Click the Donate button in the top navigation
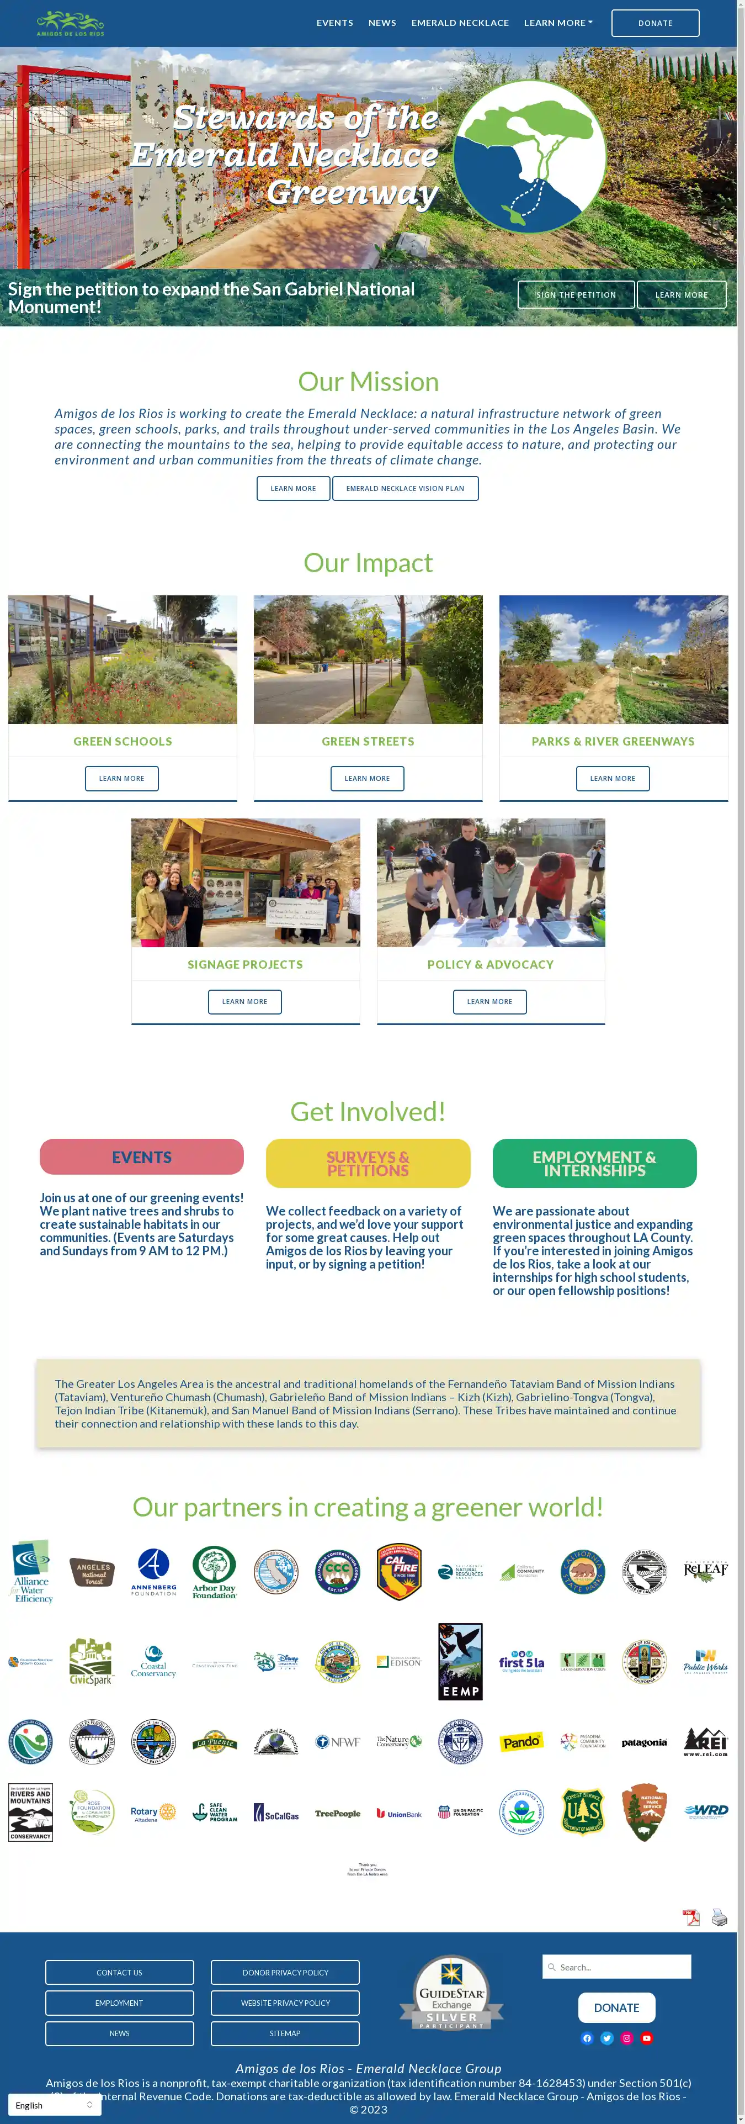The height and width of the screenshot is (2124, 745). click(x=654, y=23)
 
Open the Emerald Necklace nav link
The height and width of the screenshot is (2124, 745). click(x=460, y=23)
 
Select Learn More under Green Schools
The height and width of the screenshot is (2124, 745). click(x=121, y=778)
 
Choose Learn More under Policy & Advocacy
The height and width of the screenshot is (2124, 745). click(x=489, y=1002)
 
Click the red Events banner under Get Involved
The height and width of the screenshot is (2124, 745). click(x=142, y=1157)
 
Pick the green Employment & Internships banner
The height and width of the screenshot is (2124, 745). click(x=594, y=1164)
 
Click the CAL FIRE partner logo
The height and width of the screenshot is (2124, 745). click(x=399, y=1572)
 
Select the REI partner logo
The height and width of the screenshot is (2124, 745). click(x=705, y=1742)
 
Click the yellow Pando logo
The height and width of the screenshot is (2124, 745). click(x=521, y=1742)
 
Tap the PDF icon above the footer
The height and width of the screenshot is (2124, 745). click(x=690, y=1917)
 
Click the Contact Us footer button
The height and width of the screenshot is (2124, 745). click(x=120, y=1972)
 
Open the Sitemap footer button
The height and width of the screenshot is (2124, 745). click(x=285, y=2033)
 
